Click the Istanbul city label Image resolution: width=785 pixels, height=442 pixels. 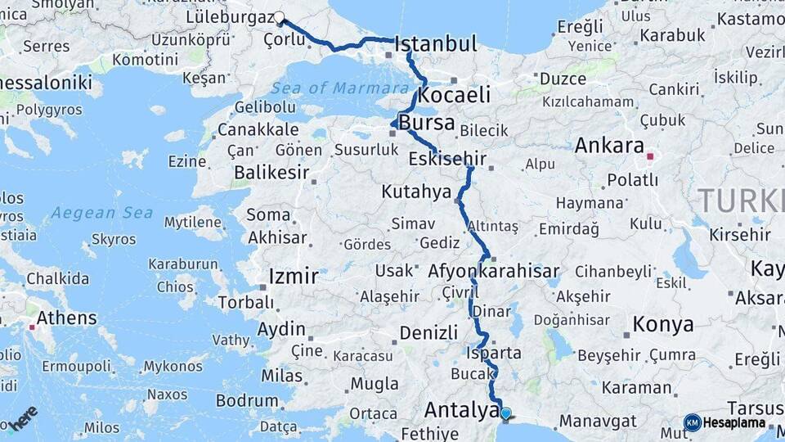point(436,44)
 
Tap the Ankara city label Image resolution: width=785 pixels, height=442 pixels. point(609,146)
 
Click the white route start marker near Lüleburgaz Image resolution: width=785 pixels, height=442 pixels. point(279,17)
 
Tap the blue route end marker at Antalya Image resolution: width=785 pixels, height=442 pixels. point(506,414)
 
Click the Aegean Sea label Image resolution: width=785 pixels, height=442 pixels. point(101,213)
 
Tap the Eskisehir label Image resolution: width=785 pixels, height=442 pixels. point(447,159)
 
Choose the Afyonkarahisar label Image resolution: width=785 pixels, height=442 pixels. point(493,271)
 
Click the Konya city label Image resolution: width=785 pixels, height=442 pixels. point(663,324)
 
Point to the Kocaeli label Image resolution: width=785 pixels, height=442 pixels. point(454,94)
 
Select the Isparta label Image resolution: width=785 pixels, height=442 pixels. point(493,353)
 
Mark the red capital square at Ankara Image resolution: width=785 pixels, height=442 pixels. point(650,156)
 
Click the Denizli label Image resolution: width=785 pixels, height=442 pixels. point(428,332)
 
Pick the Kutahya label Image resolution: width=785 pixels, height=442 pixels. point(416,192)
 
